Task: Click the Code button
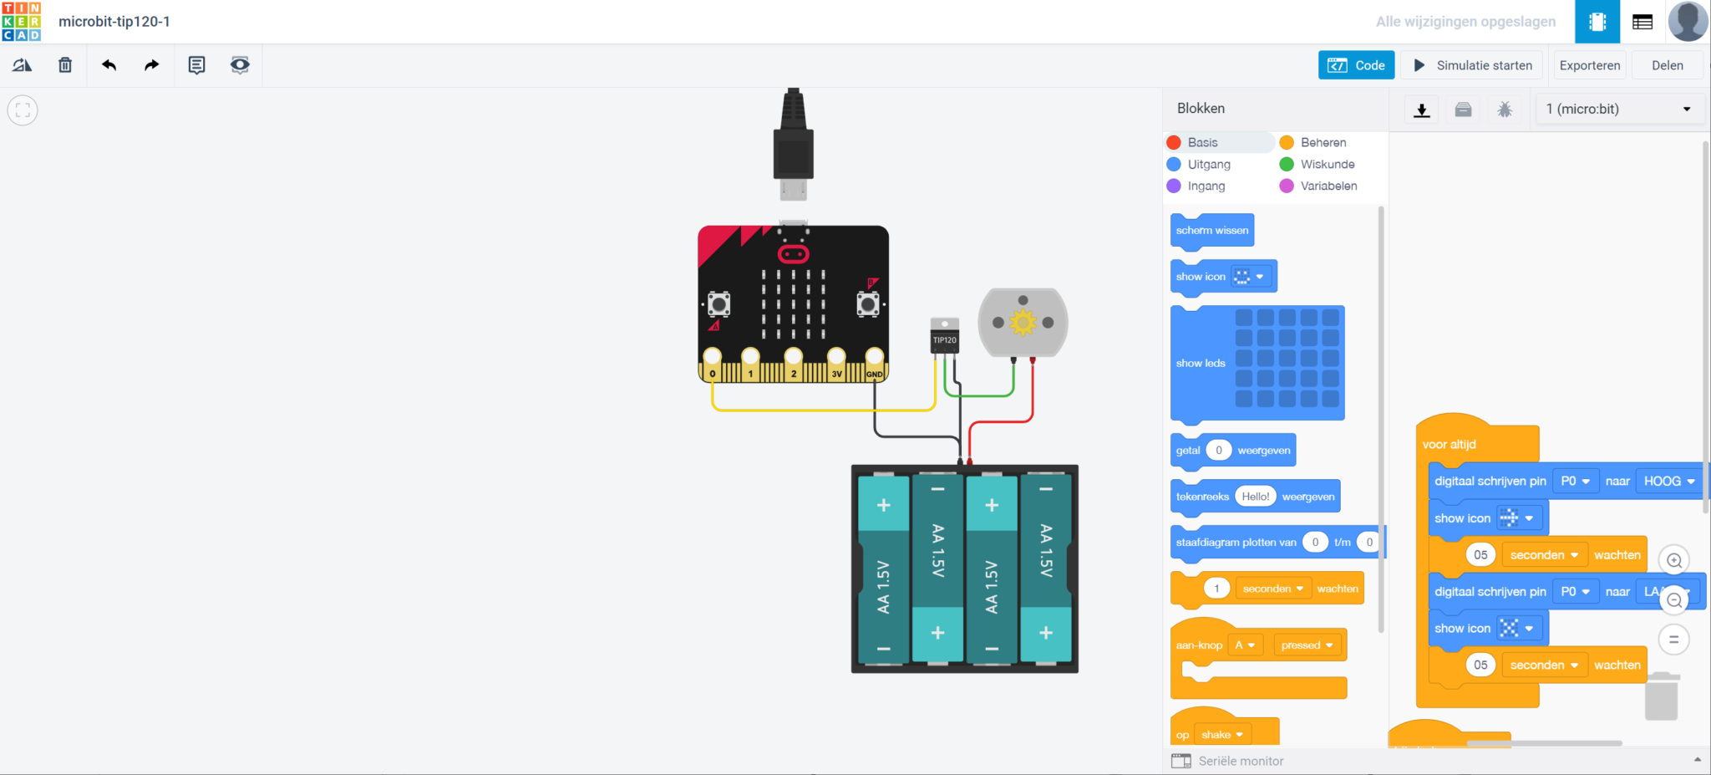pyautogui.click(x=1356, y=65)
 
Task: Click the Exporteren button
pyautogui.click(x=1589, y=65)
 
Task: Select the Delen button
pyautogui.click(x=1667, y=65)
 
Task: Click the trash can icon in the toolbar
pyautogui.click(x=65, y=65)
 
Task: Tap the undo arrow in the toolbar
pyautogui.click(x=109, y=65)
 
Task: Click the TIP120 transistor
pyautogui.click(x=945, y=338)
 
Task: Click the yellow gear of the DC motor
pyautogui.click(x=1023, y=323)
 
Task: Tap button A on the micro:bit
pyautogui.click(x=718, y=303)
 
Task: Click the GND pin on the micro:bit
pyautogui.click(x=875, y=358)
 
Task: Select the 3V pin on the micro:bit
pyautogui.click(x=836, y=358)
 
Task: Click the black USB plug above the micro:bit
pyautogui.click(x=793, y=142)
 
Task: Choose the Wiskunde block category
pyautogui.click(x=1327, y=165)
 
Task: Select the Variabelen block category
pyautogui.click(x=1328, y=186)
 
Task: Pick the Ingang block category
pyautogui.click(x=1206, y=186)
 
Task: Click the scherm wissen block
pyautogui.click(x=1211, y=231)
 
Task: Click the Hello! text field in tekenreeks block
pyautogui.click(x=1255, y=497)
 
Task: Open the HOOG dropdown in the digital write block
pyautogui.click(x=1668, y=482)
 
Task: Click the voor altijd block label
pyautogui.click(x=1450, y=445)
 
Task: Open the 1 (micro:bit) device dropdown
pyautogui.click(x=1617, y=110)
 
